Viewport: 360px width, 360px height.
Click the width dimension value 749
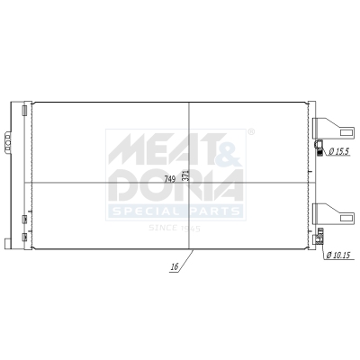click(169, 177)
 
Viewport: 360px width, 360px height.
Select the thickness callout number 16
click(170, 267)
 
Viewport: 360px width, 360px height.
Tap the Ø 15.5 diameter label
click(339, 150)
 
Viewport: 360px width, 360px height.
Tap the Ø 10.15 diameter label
click(340, 255)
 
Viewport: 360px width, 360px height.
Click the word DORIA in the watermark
click(175, 186)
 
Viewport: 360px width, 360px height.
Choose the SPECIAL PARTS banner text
click(175, 211)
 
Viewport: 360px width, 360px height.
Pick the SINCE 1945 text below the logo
click(175, 229)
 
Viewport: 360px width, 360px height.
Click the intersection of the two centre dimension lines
click(189, 183)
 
